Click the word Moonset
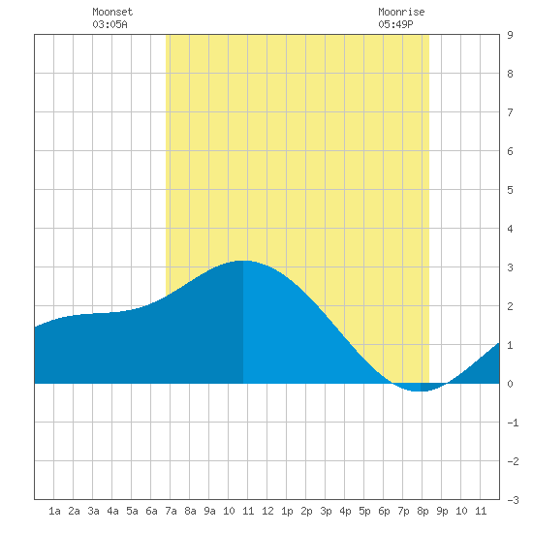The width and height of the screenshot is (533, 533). (112, 12)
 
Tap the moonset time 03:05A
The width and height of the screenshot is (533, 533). (110, 24)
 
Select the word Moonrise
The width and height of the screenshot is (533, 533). (401, 12)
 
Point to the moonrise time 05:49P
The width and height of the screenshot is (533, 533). (395, 24)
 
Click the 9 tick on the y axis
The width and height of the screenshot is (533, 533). (510, 35)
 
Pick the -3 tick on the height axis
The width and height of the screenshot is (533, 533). (513, 500)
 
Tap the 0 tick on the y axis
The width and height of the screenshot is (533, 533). (510, 384)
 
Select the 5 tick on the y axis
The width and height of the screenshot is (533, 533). (510, 190)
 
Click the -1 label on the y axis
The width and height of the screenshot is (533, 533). (513, 423)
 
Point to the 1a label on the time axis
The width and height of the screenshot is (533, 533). (54, 511)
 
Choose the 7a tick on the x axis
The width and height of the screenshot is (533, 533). (171, 511)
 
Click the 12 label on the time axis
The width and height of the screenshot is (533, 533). (267, 511)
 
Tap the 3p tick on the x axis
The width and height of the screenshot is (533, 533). (326, 511)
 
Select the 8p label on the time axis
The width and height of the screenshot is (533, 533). (423, 511)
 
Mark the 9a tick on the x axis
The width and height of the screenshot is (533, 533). (209, 511)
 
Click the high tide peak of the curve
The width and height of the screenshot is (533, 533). (243, 261)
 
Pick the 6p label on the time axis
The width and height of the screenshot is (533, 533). (384, 511)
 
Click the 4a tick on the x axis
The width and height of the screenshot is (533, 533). (112, 511)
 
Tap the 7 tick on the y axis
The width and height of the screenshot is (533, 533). (510, 112)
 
